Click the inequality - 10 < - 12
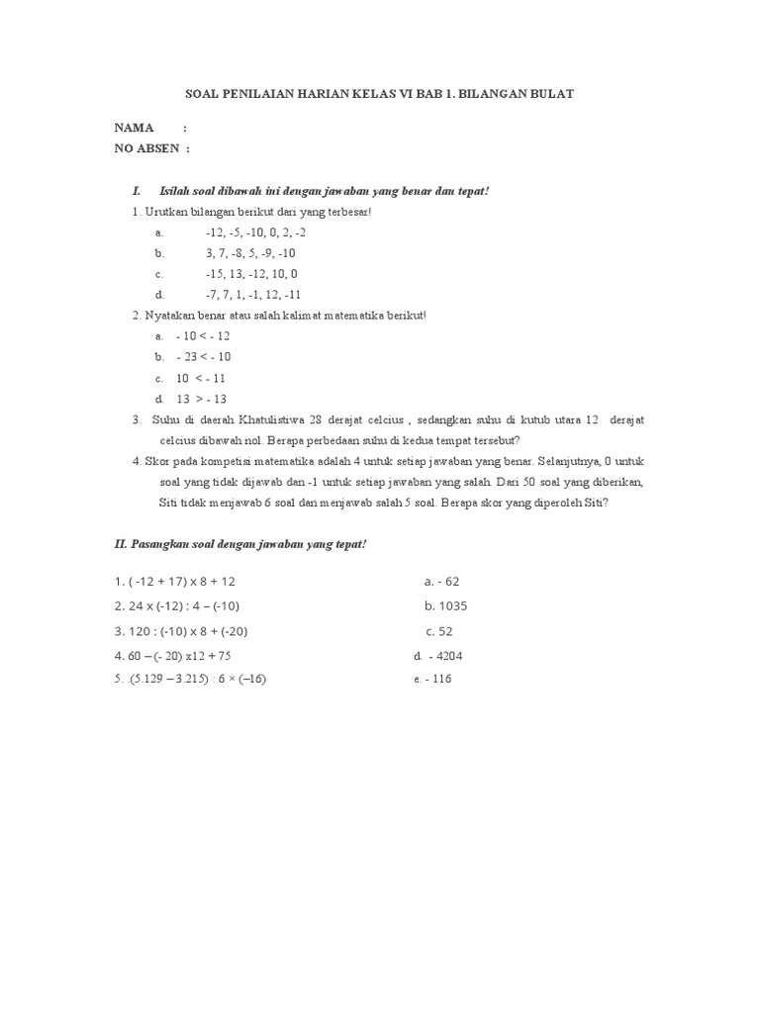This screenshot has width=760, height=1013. tap(203, 336)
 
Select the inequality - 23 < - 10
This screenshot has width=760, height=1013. tap(203, 357)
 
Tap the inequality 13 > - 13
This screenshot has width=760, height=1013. tap(201, 399)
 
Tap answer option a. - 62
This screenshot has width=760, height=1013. tap(441, 582)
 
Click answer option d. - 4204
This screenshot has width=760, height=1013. tap(438, 656)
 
